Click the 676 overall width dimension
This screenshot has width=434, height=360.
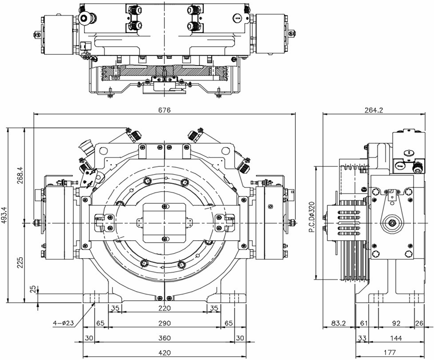click(164, 110)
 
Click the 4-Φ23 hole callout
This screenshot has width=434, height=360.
click(63, 322)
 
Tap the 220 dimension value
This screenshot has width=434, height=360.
click(165, 308)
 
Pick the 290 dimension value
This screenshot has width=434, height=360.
click(165, 323)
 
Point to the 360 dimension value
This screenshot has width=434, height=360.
click(165, 338)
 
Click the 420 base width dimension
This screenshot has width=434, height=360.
click(165, 353)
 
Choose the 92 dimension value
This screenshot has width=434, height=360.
click(396, 323)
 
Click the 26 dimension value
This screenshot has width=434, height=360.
click(420, 323)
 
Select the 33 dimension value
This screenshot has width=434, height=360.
click(362, 338)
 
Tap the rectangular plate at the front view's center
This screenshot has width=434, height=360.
click(165, 223)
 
